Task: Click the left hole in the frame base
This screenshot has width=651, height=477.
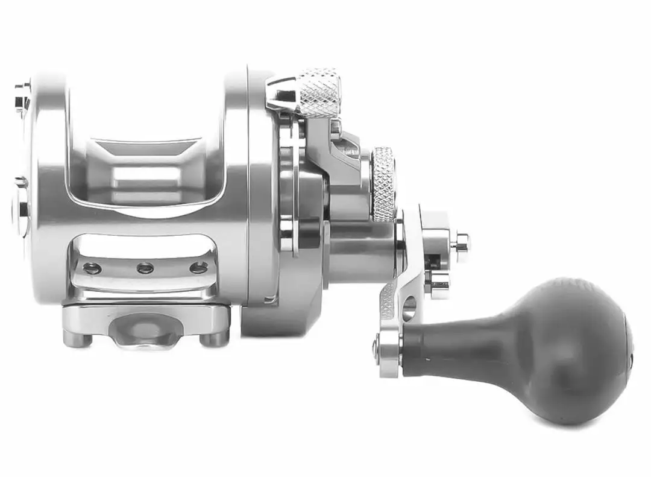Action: pos(92,268)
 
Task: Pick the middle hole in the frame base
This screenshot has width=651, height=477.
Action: pos(145,268)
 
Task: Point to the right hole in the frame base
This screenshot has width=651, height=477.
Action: pos(198,267)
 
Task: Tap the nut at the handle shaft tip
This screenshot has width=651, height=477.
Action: pos(461,243)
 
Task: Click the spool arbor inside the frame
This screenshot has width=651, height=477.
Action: pos(148,178)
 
